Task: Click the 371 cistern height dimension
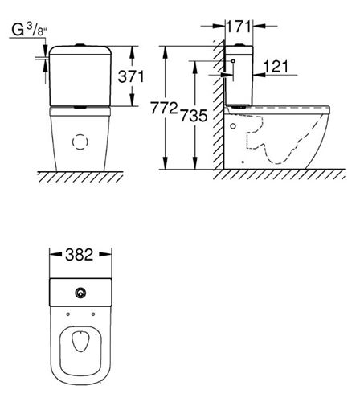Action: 131,76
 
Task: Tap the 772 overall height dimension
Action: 164,108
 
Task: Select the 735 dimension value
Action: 194,116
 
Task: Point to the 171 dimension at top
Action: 239,27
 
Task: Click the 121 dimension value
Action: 276,66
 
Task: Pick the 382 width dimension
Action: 80,255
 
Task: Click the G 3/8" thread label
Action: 29,30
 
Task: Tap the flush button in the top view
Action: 80,293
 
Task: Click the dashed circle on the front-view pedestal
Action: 80,142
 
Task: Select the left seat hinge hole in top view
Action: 67,314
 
